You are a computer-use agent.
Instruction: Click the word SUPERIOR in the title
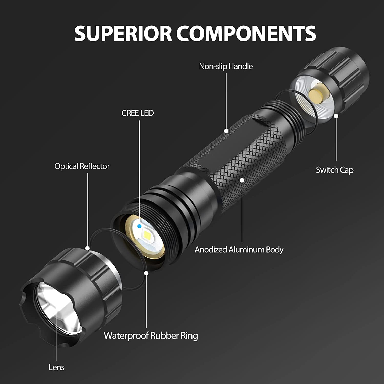click(123, 33)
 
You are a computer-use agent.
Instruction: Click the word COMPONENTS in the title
click(246, 33)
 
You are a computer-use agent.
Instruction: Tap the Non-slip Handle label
click(226, 66)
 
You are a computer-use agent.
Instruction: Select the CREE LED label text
click(137, 113)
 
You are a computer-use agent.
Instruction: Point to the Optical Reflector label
click(82, 166)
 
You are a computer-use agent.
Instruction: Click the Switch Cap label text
click(334, 170)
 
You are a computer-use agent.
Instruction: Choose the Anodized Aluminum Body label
click(239, 250)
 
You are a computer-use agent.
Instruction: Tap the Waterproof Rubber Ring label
click(151, 336)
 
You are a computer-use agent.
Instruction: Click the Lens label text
click(56, 367)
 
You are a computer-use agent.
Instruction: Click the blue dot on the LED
click(139, 226)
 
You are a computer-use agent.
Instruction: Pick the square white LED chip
click(148, 234)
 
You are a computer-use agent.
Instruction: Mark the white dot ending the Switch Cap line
click(336, 116)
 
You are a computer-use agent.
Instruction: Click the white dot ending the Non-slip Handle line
click(226, 131)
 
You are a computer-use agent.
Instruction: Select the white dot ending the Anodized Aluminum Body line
click(242, 180)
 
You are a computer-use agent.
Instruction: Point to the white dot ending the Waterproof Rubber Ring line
click(146, 273)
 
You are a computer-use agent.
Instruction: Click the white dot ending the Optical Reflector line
click(88, 248)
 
